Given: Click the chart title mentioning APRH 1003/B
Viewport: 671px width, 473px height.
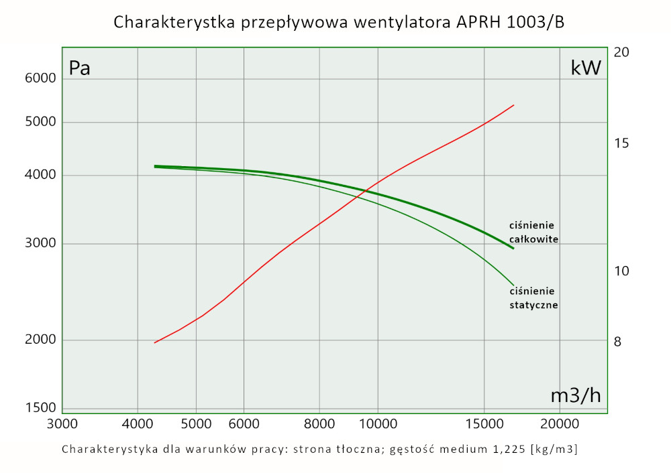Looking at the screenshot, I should (x=339, y=22).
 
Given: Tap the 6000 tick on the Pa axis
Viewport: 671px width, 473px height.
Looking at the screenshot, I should (x=41, y=78).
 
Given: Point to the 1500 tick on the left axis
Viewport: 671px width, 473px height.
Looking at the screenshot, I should (x=41, y=407).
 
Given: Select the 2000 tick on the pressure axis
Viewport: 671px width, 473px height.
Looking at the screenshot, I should (x=41, y=340).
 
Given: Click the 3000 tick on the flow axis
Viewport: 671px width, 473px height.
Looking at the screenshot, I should (x=62, y=424).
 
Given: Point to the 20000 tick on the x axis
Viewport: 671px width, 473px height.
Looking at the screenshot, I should (x=560, y=424).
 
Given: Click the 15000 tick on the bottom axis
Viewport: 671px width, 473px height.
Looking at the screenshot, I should (x=484, y=424).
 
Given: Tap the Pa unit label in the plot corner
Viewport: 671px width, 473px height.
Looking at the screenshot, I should (x=80, y=68).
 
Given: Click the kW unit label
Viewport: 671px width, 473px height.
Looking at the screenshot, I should (x=586, y=68).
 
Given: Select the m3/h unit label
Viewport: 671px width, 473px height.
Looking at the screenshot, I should (x=576, y=395).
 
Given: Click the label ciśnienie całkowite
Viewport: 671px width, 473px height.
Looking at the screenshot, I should (x=533, y=232).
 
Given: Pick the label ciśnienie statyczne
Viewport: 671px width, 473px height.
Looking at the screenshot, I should (x=534, y=297).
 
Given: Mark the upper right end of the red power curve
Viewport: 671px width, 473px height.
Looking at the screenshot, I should (x=513, y=105).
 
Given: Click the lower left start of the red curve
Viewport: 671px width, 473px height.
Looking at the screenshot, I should (x=155, y=342).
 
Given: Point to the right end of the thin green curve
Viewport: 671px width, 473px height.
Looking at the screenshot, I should (x=513, y=285).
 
